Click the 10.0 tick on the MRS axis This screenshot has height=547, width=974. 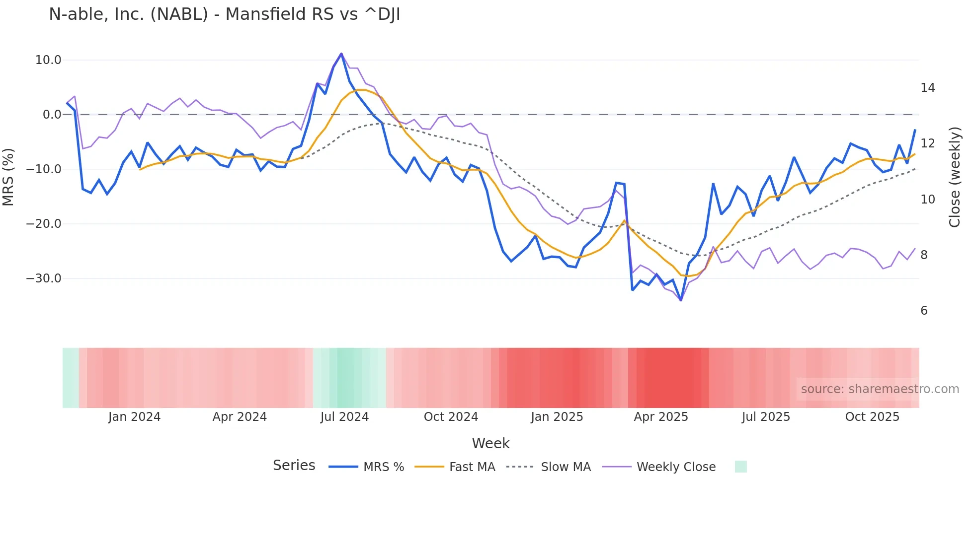(x=48, y=60)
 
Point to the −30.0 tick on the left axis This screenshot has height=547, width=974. (x=44, y=278)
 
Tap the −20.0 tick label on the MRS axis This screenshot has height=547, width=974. (x=44, y=224)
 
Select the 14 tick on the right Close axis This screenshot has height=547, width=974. (x=927, y=88)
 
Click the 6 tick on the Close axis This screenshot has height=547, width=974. (x=924, y=311)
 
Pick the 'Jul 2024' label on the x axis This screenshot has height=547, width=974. (x=344, y=417)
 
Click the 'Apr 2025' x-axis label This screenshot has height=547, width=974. (x=661, y=417)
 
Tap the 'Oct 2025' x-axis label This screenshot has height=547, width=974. (x=872, y=417)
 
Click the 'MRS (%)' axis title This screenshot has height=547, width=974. (x=8, y=177)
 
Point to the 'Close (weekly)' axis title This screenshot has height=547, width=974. (x=955, y=177)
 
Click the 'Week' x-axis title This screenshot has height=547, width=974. (x=490, y=443)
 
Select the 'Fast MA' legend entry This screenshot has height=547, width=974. (x=472, y=467)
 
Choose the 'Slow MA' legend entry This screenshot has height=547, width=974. (x=566, y=467)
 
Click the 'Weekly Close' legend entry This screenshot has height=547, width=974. (x=676, y=467)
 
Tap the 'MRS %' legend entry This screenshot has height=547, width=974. (x=383, y=467)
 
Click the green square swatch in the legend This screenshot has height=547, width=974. (x=740, y=467)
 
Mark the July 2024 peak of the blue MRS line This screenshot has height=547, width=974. (x=341, y=54)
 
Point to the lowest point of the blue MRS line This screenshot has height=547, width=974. (x=681, y=300)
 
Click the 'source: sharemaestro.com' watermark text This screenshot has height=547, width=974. (x=880, y=389)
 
